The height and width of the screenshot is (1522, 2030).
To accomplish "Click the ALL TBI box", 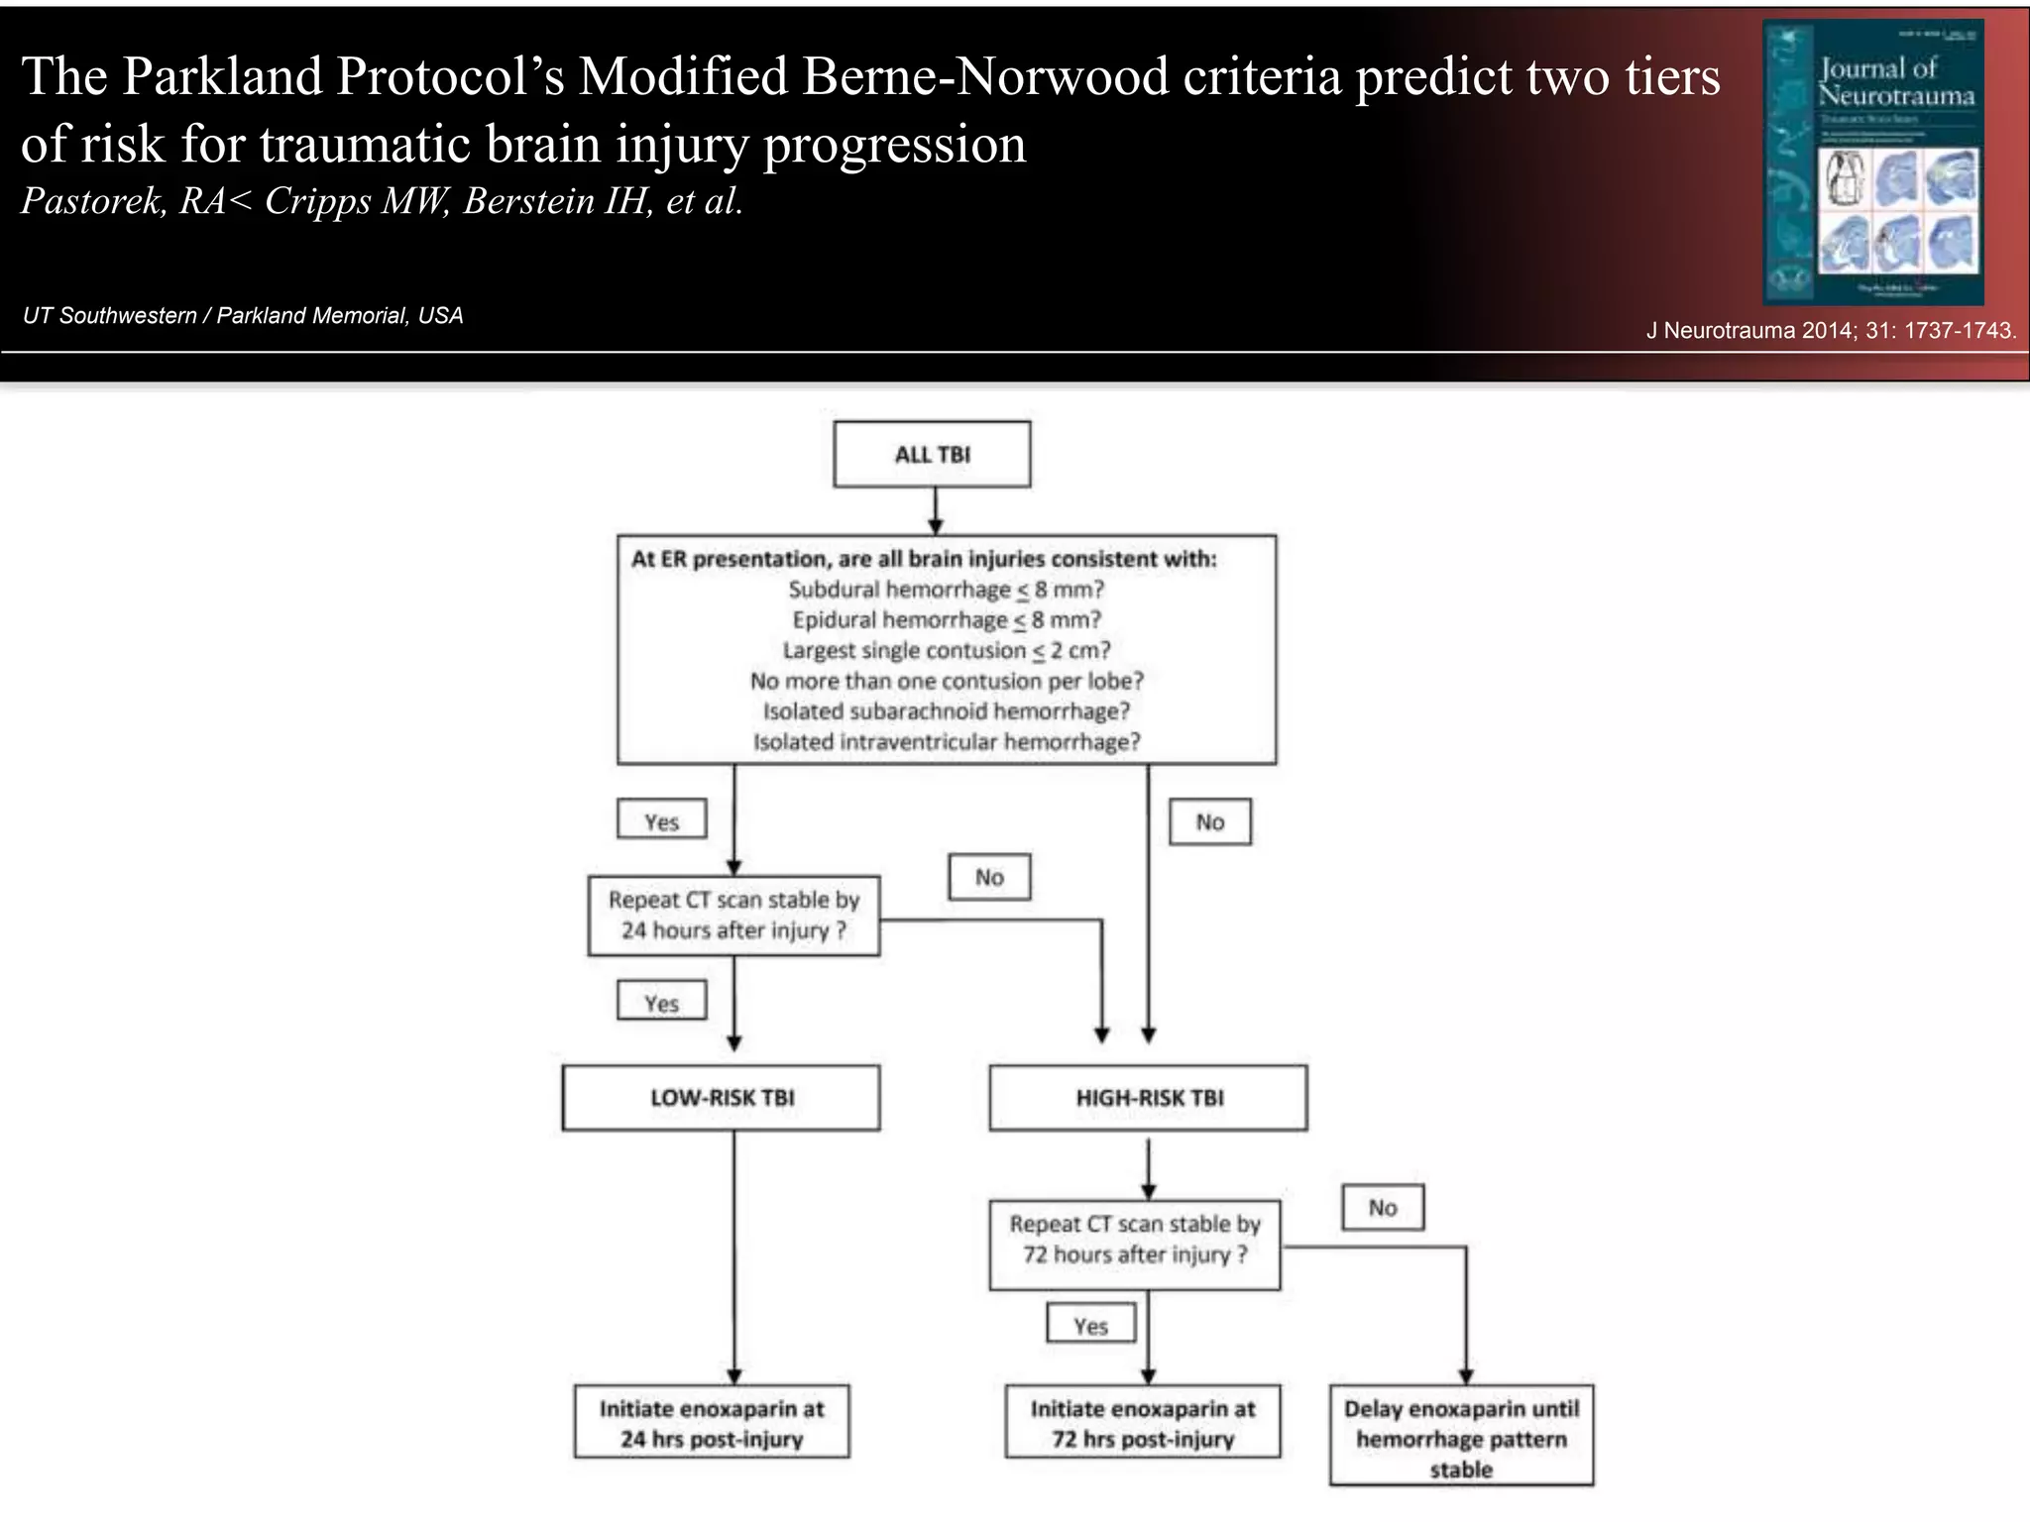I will click(932, 455).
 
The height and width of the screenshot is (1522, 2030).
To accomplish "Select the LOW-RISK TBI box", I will click(721, 1098).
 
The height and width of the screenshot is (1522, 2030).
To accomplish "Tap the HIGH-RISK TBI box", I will click(1148, 1098).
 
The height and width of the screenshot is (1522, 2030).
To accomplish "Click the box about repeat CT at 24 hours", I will click(733, 916).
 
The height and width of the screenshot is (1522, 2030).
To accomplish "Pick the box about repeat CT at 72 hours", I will click(1135, 1240).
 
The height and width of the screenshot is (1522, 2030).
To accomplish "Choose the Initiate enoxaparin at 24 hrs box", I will click(712, 1423).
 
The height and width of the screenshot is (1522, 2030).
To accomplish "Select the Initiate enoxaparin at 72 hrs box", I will click(1142, 1423).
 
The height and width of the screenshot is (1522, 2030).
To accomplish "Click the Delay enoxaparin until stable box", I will click(1461, 1437).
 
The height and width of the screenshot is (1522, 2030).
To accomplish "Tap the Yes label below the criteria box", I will click(661, 821).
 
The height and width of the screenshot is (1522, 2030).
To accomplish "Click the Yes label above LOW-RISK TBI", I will click(661, 1003).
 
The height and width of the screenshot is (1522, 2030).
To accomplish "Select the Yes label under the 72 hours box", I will click(1090, 1325).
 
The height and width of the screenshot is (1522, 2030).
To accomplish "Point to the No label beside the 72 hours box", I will click(1383, 1208).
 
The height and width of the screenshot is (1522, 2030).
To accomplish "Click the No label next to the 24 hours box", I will click(989, 878).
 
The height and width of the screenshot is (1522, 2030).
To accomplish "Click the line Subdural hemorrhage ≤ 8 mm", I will click(946, 590).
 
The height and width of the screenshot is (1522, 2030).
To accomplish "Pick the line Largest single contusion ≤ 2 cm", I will click(946, 651).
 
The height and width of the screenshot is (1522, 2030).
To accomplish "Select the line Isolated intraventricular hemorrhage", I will click(946, 742).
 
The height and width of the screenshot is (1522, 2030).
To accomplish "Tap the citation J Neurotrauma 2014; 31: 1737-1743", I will click(1830, 331).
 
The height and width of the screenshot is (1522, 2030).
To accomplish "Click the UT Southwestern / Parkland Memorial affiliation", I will click(243, 316).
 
